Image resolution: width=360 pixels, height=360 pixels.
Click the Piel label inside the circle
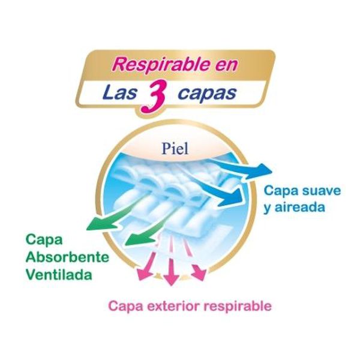[175, 149]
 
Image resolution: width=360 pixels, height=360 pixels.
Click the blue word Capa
[280, 191]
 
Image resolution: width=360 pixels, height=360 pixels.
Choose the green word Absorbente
[67, 257]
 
